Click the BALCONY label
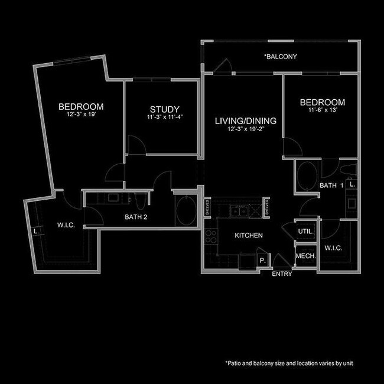coord(280,57)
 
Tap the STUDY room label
coord(164,109)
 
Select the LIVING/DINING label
coord(245,121)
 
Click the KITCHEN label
coord(249,236)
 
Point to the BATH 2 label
coord(136,217)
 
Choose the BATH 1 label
coord(331,186)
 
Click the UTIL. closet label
coord(305,231)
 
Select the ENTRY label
coord(282,274)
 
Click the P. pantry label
coord(262,259)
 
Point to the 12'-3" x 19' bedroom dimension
coord(81,115)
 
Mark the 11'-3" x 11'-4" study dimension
coord(164,118)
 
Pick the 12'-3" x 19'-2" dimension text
coord(245,129)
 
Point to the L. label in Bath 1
coord(352,184)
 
